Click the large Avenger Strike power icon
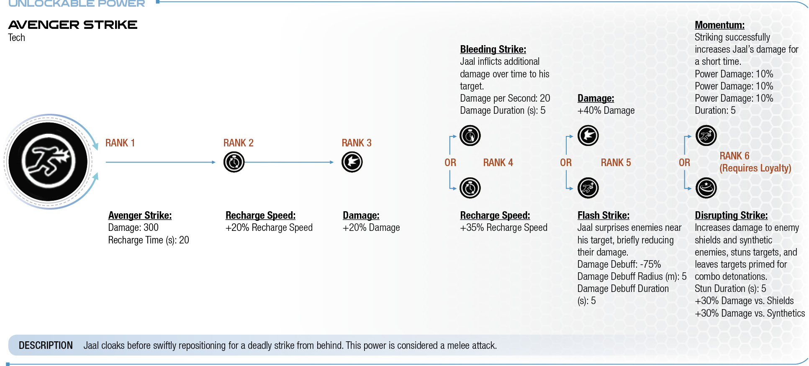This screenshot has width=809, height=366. [48, 162]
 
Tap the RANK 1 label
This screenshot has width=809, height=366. [120, 143]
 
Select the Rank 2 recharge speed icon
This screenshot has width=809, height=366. [234, 162]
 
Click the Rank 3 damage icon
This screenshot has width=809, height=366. [352, 162]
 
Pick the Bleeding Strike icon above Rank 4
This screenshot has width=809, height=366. [470, 136]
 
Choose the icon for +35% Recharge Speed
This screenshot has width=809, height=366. [470, 188]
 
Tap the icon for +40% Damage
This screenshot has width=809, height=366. [588, 136]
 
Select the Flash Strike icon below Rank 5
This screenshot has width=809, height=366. [588, 188]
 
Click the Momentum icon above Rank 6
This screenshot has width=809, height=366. [706, 136]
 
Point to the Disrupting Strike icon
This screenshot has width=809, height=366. [706, 188]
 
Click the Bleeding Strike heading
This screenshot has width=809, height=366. [493, 49]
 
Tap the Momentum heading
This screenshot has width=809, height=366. [720, 25]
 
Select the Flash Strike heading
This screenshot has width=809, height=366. [604, 215]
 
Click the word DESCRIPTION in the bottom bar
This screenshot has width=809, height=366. [46, 346]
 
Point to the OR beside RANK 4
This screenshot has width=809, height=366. [450, 163]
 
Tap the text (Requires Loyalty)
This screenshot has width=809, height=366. [755, 168]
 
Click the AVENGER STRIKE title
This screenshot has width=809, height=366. [73, 25]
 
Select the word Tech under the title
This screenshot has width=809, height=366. [17, 38]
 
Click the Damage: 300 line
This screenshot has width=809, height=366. [134, 228]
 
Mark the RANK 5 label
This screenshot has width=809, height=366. [616, 163]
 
